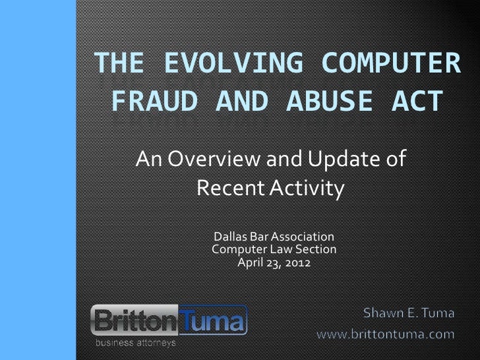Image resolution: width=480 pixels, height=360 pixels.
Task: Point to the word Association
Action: pos(303,237)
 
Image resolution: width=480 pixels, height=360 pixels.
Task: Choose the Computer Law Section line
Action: pos(274,249)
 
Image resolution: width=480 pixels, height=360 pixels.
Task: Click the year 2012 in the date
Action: pos(297,262)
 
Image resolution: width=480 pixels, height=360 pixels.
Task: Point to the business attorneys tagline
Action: pos(136,344)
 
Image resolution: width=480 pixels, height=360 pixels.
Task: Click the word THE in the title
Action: pos(119,65)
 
